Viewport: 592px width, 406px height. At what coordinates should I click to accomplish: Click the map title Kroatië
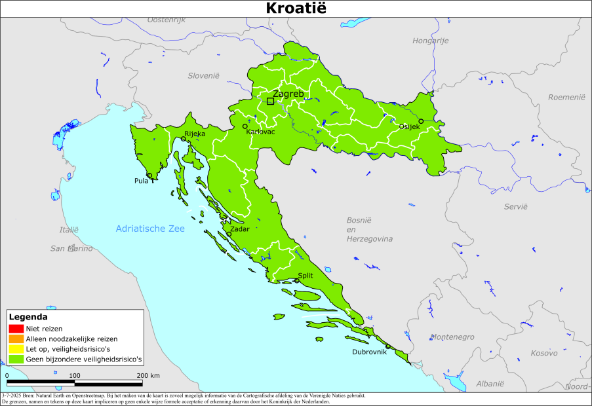click(296, 9)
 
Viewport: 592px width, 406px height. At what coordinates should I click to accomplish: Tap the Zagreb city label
click(288, 94)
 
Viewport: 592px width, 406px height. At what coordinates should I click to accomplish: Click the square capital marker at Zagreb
click(270, 101)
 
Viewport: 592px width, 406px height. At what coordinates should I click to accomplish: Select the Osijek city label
click(409, 127)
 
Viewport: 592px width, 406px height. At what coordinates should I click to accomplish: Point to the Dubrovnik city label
click(369, 352)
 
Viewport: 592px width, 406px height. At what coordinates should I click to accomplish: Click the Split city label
click(305, 276)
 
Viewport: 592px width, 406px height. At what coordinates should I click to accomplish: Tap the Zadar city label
click(239, 229)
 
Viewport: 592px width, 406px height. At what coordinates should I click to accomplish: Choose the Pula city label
click(141, 181)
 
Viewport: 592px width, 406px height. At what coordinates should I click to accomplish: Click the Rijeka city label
click(195, 134)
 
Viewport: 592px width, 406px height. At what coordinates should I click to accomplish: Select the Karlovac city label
click(260, 132)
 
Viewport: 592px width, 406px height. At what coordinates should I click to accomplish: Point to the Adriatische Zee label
click(150, 229)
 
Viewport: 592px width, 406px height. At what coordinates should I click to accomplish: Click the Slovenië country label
click(203, 76)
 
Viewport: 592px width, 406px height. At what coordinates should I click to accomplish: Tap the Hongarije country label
click(430, 41)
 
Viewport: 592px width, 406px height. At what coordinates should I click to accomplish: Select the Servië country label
click(515, 206)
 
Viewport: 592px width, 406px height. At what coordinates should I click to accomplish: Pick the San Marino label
click(71, 249)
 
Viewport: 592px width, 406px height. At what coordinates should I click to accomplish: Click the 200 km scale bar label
click(148, 375)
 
